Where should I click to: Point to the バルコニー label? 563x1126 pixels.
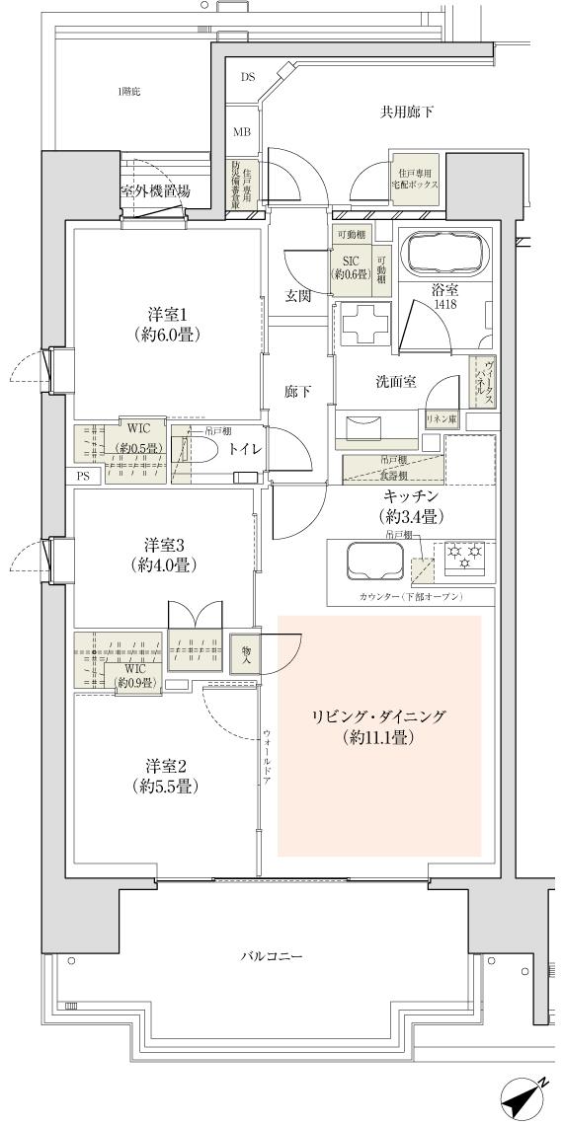(271, 956)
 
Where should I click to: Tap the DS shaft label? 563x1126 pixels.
(246, 76)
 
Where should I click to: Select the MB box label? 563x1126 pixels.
(242, 131)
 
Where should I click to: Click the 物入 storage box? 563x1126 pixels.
(242, 654)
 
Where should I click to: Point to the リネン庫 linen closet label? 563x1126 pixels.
(441, 420)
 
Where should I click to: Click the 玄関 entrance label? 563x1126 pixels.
(297, 296)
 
